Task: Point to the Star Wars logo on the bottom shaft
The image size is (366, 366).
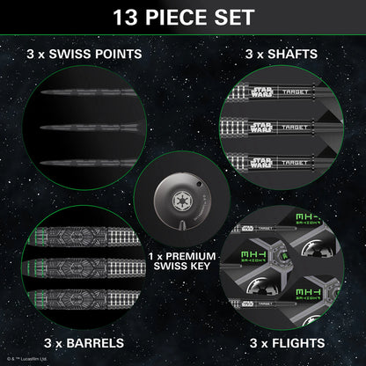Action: click(x=264, y=160)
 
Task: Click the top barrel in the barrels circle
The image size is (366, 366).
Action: click(x=84, y=238)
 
